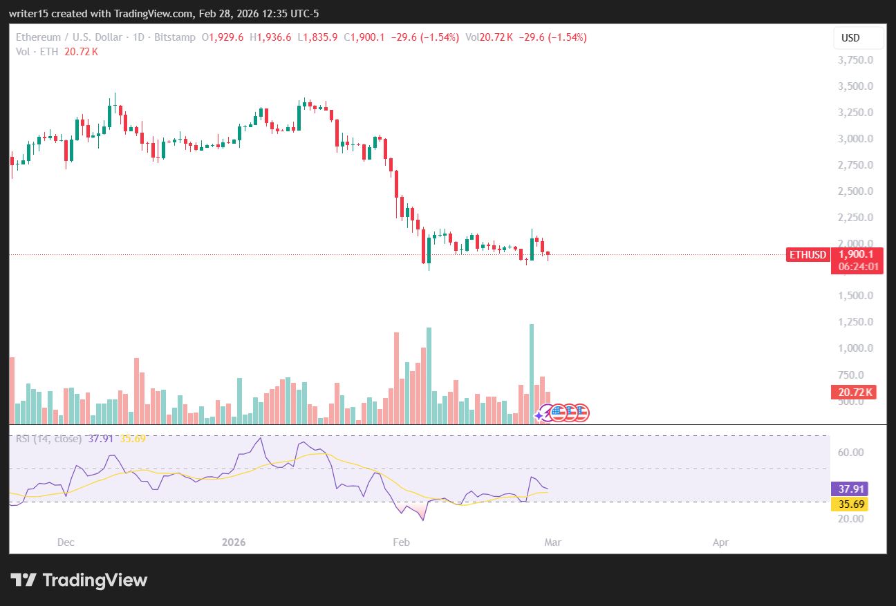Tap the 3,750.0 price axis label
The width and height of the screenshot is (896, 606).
pos(856,60)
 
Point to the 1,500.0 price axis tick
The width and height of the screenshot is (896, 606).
pos(856,296)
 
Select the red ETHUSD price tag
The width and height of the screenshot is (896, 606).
pos(808,255)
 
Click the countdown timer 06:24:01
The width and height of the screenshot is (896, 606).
pos(858,266)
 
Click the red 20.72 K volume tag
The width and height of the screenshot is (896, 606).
pos(855,392)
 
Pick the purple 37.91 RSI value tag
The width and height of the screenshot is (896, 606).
pos(848,489)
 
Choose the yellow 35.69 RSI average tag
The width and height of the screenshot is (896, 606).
pos(848,504)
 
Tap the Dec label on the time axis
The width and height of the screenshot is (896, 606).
pos(66,542)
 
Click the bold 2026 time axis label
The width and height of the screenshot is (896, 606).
pos(234,542)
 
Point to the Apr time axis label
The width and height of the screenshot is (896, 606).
pos(720,542)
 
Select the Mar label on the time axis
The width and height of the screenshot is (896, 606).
pos(552,542)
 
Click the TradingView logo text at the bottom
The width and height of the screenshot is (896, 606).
pos(80,580)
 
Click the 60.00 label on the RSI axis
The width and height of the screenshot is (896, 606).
pos(852,453)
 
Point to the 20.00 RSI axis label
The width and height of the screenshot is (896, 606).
pos(852,518)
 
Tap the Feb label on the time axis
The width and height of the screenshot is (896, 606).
pos(400,542)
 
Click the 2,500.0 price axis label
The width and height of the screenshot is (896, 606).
pos(856,191)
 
